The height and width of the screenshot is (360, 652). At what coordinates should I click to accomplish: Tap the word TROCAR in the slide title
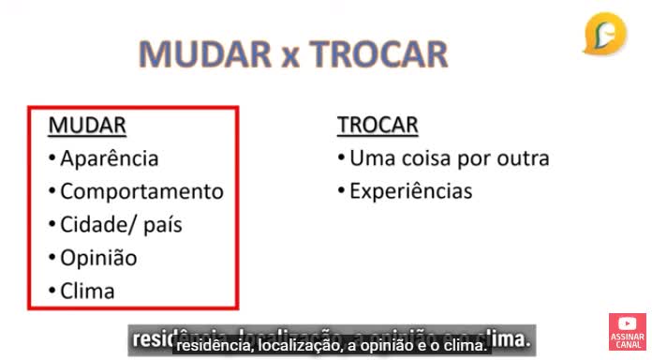(x=378, y=54)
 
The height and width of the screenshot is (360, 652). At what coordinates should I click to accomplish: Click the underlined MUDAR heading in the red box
(x=87, y=126)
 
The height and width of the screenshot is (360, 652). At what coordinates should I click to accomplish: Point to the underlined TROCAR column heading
(x=378, y=126)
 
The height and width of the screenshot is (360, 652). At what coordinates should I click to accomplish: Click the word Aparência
(x=109, y=159)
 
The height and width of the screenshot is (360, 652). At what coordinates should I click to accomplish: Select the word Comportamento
(x=141, y=192)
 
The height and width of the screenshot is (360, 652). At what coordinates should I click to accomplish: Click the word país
(x=162, y=226)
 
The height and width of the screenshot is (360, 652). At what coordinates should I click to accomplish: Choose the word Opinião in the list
(x=98, y=258)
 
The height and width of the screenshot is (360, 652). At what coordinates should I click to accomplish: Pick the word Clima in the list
(x=87, y=291)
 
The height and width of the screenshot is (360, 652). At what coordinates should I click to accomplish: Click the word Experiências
(x=410, y=192)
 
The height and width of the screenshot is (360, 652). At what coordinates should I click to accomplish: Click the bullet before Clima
(x=52, y=292)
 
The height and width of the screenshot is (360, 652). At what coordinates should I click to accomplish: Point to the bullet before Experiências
(x=342, y=193)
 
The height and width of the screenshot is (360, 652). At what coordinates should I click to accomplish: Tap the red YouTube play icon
(x=627, y=324)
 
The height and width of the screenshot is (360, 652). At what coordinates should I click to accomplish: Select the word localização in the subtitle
(x=299, y=346)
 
